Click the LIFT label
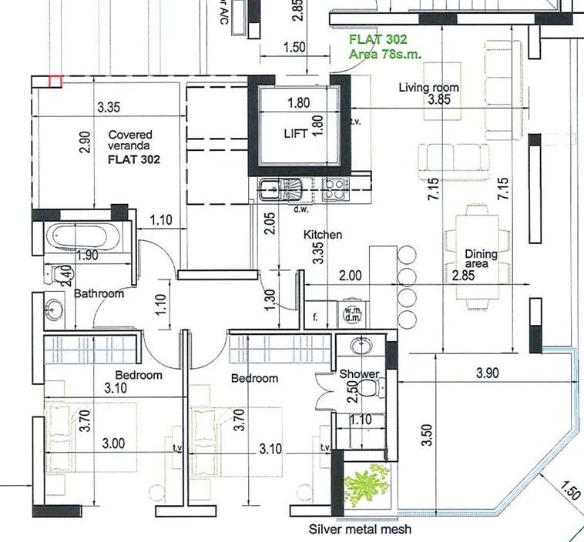(295, 133)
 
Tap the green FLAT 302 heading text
(378, 38)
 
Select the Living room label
(428, 87)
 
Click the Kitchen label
(322, 234)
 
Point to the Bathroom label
(99, 293)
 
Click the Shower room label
(359, 374)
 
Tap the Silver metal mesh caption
(360, 530)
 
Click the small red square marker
(55, 80)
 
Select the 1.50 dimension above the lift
(294, 47)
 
